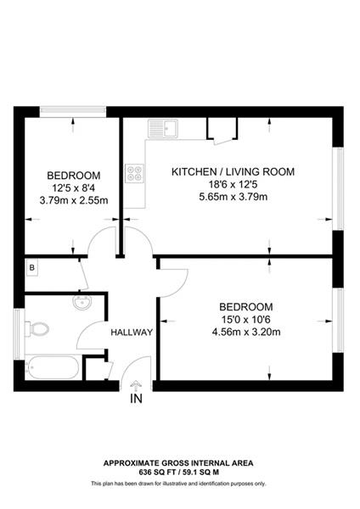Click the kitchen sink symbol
point(162,129)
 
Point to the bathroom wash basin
point(83,303)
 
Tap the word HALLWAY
point(132,333)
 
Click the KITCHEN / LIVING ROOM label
point(233,171)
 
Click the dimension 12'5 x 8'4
point(74,187)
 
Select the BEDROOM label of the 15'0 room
point(245,306)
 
